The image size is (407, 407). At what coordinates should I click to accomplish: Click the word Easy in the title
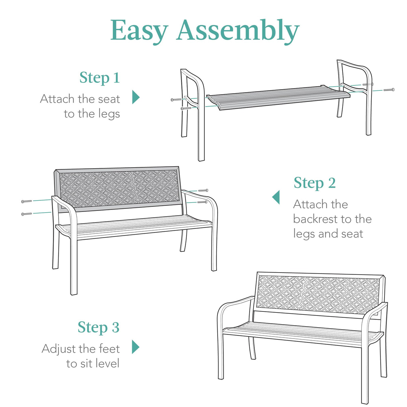coord(139,31)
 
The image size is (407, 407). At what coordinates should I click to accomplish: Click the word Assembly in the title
coord(237,31)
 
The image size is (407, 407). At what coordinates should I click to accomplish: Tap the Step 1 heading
coord(100,78)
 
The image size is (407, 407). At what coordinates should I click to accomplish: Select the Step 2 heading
coord(314,183)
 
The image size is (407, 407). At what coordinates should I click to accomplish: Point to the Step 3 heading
coord(98,328)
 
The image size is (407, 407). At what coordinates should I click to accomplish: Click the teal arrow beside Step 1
coord(136,97)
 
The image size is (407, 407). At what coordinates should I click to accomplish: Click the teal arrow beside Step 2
coord(276,197)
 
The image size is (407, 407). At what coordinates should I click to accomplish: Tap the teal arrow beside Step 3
coord(135,347)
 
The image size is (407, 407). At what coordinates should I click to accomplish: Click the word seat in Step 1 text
coord(109,99)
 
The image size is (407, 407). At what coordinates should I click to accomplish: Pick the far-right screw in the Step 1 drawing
coord(389,90)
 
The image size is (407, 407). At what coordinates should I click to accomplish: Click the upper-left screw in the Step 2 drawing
coord(26,201)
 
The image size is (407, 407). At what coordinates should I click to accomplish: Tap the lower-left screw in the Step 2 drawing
coord(26,214)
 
